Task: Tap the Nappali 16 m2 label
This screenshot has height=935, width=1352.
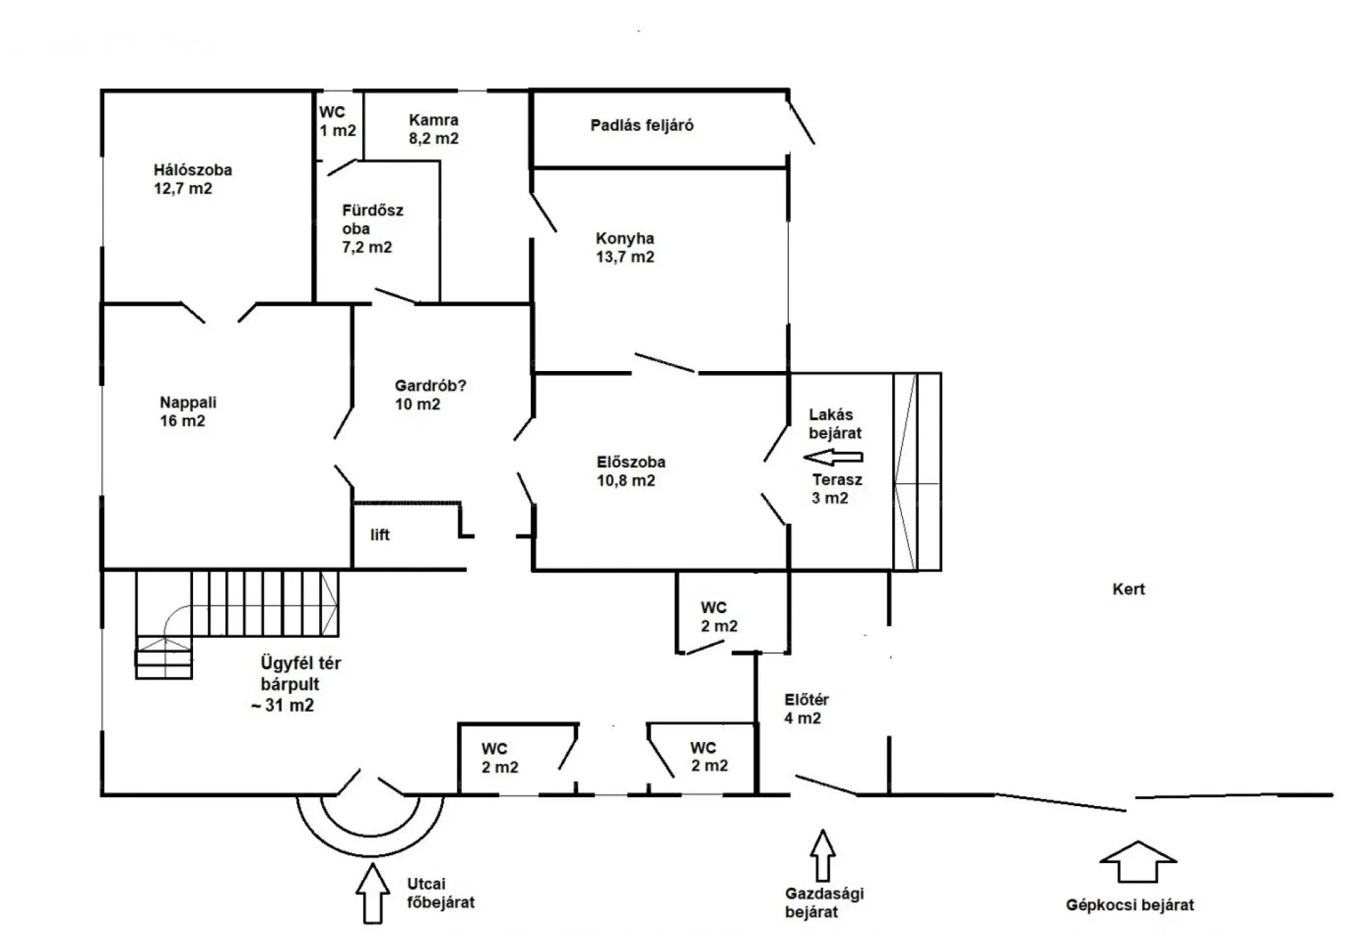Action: click(188, 412)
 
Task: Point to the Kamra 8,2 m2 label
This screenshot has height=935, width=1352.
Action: click(434, 129)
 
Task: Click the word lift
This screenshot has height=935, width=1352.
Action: click(380, 535)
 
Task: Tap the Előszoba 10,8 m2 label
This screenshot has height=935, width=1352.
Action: click(631, 471)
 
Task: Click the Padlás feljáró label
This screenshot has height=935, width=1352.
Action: click(642, 125)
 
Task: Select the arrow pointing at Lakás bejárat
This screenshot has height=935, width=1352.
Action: click(833, 458)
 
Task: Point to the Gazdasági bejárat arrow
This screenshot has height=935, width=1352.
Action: click(822, 855)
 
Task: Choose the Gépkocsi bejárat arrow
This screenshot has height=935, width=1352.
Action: click(1138, 861)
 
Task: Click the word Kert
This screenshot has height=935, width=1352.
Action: click(1129, 589)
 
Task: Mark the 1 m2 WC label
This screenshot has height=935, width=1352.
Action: click(337, 121)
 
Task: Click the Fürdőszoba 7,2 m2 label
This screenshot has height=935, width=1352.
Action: click(373, 229)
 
